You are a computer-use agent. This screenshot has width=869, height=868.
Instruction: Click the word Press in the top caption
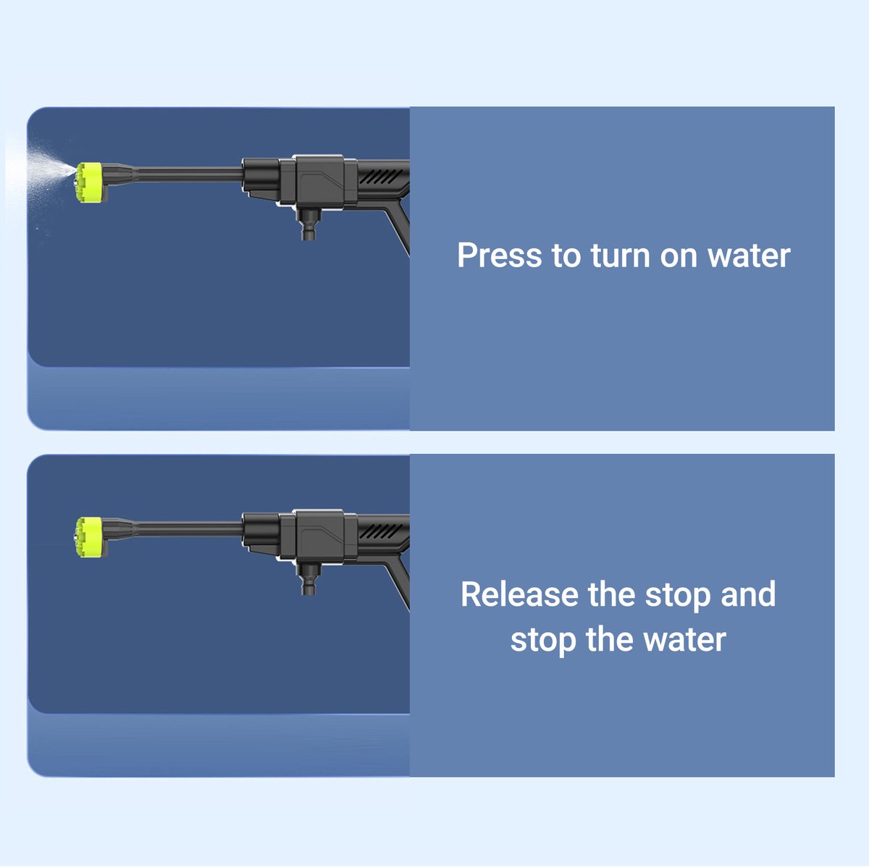coord(499,256)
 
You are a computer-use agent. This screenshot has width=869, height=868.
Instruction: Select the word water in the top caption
coord(748,256)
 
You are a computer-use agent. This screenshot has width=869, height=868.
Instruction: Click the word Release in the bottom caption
coord(519,594)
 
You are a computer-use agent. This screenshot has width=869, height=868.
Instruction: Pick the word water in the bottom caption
coord(685,640)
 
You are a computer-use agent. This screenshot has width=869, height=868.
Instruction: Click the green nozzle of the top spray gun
coord(90,182)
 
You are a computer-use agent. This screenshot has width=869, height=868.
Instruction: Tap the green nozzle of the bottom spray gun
coord(90,537)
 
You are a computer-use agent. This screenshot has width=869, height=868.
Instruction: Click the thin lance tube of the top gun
coord(190,174)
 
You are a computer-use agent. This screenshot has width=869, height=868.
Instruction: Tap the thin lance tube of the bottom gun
coord(190,529)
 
